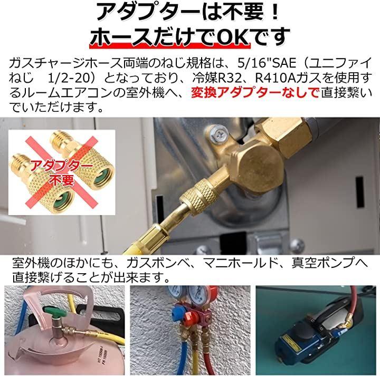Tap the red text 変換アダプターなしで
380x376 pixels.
(x=255, y=93)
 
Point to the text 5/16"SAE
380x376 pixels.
(x=267, y=63)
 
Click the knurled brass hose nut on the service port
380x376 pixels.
(x=198, y=197)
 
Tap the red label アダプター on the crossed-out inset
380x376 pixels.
(x=61, y=166)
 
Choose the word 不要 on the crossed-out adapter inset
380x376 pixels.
(x=61, y=179)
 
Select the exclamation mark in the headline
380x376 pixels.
(x=274, y=13)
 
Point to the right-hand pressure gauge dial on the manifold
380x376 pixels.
(x=197, y=294)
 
